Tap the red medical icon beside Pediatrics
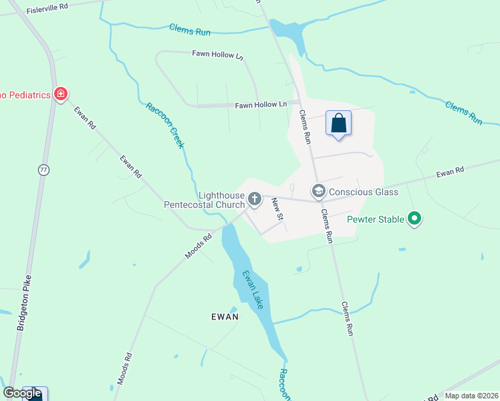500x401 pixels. coord(61,94)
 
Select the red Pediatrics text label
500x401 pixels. coord(26,95)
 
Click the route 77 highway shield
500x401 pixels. coord(43,170)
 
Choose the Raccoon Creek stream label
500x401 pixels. coord(165,125)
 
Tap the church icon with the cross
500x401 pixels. coord(255,198)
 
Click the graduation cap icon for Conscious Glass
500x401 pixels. coord(318,192)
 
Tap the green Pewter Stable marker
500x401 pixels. coord(414,219)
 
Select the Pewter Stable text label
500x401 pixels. coord(376,219)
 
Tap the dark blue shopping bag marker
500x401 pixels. coord(338,124)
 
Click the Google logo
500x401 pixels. coord(22,394)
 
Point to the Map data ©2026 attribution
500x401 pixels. coord(471,396)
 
